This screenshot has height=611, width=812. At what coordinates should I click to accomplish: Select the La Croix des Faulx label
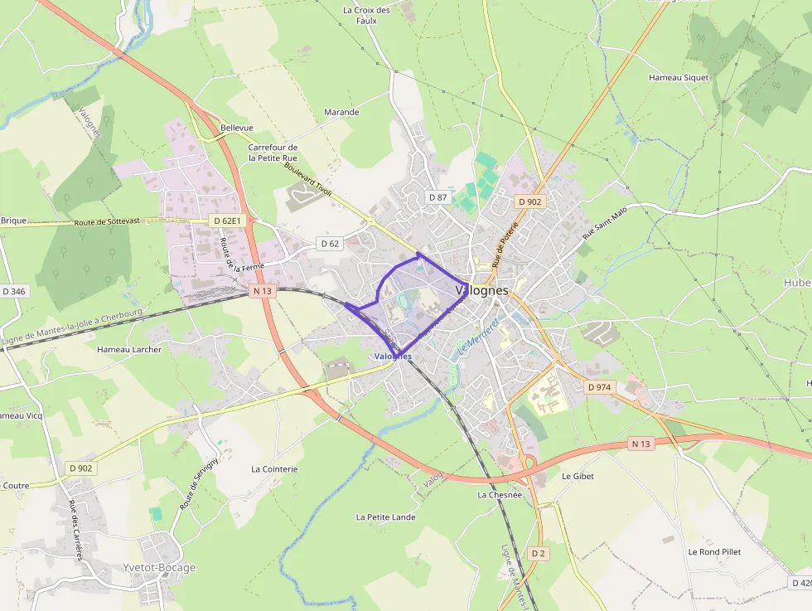click(366, 15)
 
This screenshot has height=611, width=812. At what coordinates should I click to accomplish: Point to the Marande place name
click(341, 112)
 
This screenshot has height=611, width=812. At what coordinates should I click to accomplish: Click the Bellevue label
click(237, 128)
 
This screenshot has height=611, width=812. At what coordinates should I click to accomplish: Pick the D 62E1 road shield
click(226, 221)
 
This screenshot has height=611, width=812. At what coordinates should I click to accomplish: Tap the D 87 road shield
click(437, 197)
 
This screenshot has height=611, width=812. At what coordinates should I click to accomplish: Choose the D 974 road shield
click(598, 387)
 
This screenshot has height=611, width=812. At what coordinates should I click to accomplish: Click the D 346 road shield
click(14, 291)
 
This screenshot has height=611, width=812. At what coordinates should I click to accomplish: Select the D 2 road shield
click(539, 553)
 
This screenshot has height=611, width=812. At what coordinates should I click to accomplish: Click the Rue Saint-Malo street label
click(601, 221)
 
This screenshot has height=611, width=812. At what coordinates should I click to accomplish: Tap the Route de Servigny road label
click(199, 483)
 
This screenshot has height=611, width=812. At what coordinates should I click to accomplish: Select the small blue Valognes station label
click(393, 356)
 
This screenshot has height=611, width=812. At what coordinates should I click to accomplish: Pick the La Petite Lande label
click(385, 516)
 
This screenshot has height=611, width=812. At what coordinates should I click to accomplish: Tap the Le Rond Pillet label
click(714, 551)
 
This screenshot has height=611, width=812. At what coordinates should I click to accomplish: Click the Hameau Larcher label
click(129, 349)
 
